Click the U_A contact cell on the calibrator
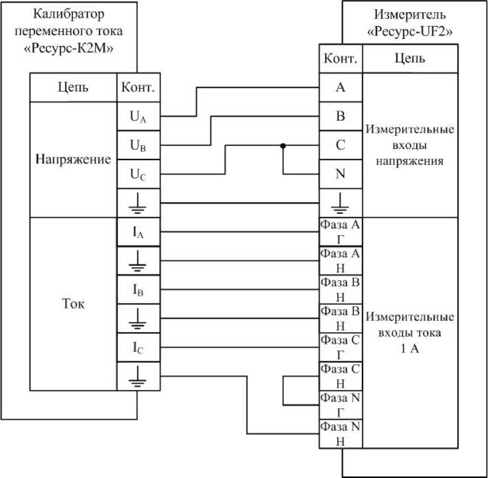point(138,117)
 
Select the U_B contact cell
point(138,145)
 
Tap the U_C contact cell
point(138,174)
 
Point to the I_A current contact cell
point(138,232)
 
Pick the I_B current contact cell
point(138,290)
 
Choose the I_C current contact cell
point(138,348)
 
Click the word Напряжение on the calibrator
point(73,160)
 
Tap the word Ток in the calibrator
point(73,304)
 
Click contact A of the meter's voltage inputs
point(341,88)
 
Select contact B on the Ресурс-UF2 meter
point(341,117)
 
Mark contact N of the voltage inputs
point(341,174)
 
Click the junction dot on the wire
point(283,145)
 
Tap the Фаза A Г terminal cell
point(341,232)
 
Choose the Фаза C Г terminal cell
point(341,348)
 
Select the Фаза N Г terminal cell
point(341,405)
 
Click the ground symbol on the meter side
point(341,204)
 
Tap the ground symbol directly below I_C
point(138,376)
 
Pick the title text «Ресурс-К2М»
point(69,49)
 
